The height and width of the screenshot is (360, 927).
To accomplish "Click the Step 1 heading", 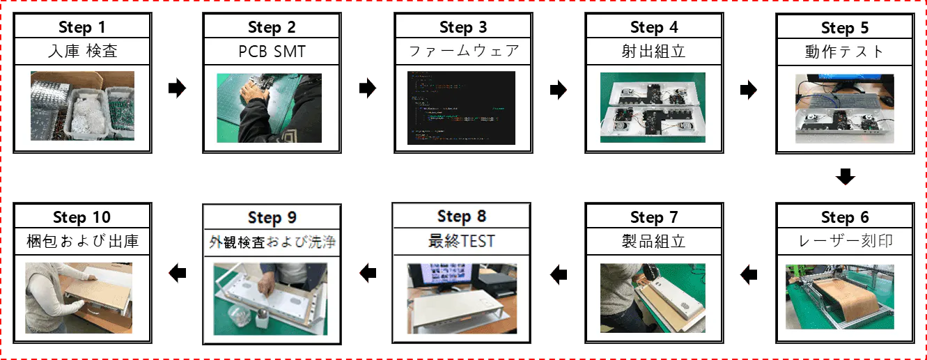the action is click(82, 27).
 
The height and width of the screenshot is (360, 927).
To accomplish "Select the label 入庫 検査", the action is click(83, 52).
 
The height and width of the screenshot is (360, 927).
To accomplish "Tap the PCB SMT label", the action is click(272, 52).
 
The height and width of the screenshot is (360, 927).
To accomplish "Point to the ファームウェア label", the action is click(464, 51).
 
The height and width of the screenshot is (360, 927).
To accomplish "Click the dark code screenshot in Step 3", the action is click(462, 108).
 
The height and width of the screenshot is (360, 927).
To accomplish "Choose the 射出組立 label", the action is click(654, 52).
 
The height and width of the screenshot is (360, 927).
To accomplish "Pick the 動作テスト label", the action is click(845, 52).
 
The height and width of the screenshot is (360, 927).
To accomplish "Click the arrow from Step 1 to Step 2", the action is click(177, 88).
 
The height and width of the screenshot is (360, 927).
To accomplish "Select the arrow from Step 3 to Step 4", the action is click(559, 89).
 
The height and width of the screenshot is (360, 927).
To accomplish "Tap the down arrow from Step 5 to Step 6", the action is click(845, 177).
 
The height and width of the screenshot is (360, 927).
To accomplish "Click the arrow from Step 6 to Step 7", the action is click(749, 274).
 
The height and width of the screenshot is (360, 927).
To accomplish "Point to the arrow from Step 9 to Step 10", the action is click(178, 273).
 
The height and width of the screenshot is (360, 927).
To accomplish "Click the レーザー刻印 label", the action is click(845, 241).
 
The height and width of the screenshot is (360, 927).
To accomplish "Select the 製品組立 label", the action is click(654, 241).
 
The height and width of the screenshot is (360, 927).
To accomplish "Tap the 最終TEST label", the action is click(462, 241).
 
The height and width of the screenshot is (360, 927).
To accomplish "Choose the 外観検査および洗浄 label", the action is click(272, 242).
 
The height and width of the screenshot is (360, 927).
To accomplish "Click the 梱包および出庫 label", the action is click(82, 241).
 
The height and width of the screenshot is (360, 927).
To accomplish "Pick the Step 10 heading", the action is click(82, 217).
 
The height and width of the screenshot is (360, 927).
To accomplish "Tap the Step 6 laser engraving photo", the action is click(840, 297).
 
